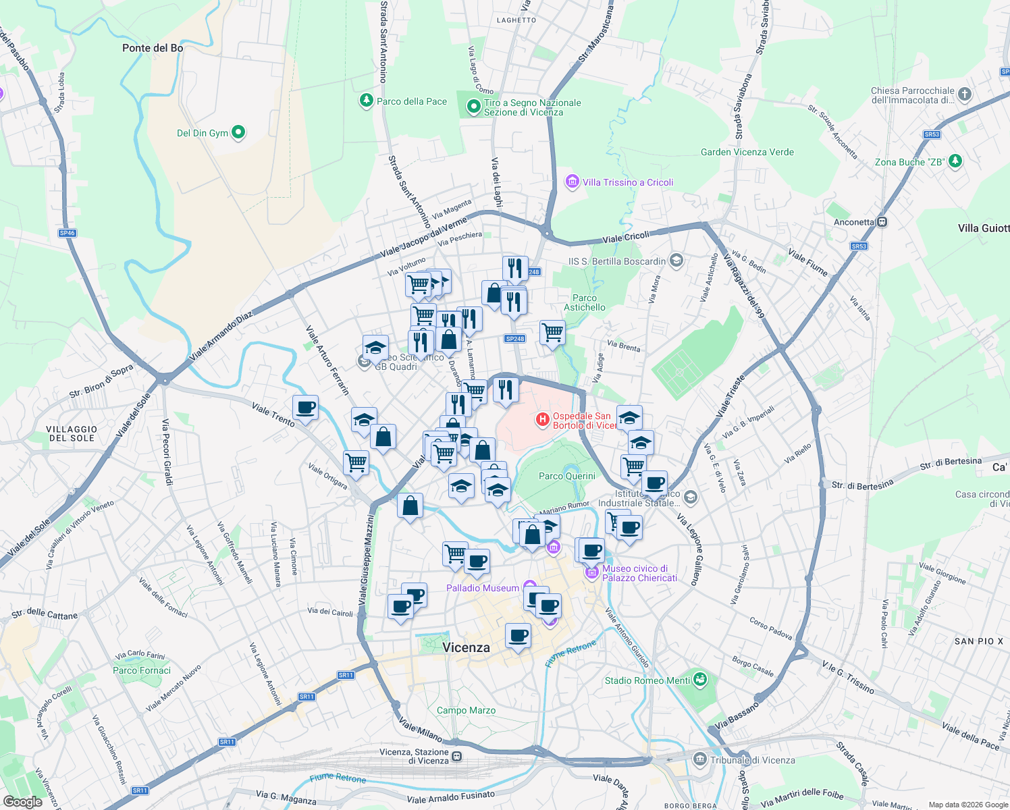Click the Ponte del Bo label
tap(153, 48)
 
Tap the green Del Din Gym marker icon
tap(238, 132)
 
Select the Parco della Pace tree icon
tap(366, 101)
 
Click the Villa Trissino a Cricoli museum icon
tap(573, 182)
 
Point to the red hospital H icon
tap(542, 420)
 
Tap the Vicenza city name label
tap(466, 647)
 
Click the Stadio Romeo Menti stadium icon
tap(700, 680)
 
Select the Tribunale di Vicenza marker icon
tap(700, 760)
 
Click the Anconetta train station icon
tap(882, 221)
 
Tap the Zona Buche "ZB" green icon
tap(955, 161)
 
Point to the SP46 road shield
tap(67, 233)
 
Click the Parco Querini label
tap(567, 476)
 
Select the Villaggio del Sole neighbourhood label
tap(72, 433)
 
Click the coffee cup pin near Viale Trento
tap(306, 408)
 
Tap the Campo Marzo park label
tap(466, 710)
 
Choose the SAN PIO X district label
tap(979, 641)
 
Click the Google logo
tap(23, 802)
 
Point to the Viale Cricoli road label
tap(626, 237)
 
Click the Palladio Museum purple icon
tap(529, 587)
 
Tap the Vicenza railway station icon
tap(457, 756)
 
